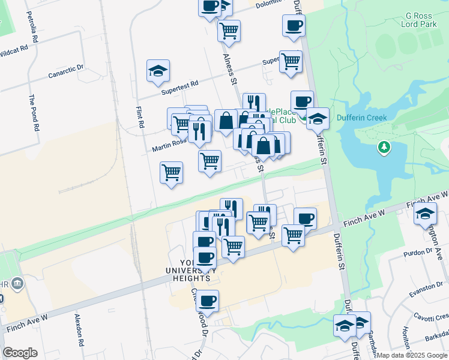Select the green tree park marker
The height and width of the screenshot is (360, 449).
384,147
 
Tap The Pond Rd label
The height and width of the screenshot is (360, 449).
35,112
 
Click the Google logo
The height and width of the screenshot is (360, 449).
20,353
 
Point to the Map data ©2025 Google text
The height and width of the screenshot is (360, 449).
412,355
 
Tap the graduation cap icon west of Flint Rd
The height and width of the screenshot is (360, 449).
158,71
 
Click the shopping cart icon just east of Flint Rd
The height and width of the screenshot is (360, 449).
172,173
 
